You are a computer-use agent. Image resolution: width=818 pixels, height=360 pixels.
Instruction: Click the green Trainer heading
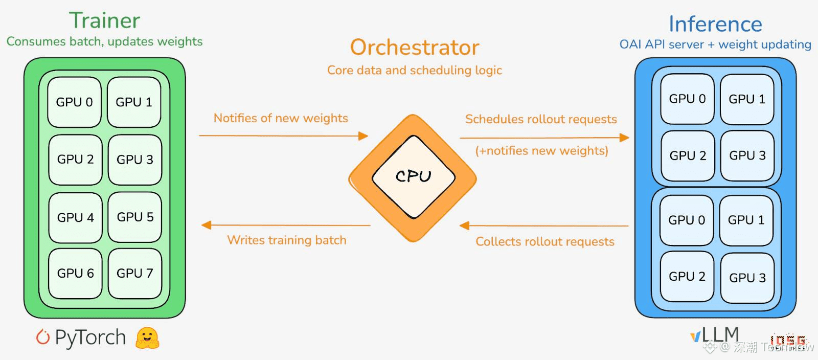point(104,20)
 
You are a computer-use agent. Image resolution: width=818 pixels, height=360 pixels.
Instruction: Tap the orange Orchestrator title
point(415,48)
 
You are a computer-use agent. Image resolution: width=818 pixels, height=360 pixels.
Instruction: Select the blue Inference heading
point(715,24)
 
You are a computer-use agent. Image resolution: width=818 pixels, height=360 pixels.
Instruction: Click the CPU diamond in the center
point(413,177)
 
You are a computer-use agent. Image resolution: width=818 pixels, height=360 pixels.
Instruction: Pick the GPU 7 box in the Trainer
point(135,274)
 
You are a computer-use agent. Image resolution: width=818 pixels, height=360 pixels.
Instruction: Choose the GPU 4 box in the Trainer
point(76,217)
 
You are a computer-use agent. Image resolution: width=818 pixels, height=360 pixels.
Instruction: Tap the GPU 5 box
point(135,217)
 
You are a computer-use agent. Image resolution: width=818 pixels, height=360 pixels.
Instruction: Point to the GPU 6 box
point(76,274)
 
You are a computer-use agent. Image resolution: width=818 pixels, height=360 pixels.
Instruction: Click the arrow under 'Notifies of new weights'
point(283,136)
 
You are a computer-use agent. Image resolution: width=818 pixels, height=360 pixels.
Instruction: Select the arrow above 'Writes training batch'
point(286,225)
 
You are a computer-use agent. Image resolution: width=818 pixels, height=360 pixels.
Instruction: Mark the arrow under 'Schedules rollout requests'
point(544,138)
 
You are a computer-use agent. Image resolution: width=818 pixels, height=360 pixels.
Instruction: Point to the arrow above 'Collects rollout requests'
point(544,226)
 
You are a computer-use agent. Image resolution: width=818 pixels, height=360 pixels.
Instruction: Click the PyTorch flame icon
point(43,337)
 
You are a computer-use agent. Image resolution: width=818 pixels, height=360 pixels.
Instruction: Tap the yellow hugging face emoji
point(147,338)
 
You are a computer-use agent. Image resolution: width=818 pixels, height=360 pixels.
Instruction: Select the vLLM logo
point(715,335)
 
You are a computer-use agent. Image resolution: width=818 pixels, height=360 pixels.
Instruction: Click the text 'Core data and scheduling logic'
point(415,70)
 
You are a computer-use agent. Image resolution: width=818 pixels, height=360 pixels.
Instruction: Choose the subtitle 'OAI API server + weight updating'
point(715,44)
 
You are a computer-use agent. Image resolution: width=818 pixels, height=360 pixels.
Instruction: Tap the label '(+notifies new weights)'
point(542,151)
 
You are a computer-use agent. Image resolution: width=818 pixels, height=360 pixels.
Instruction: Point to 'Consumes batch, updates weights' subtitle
point(104,41)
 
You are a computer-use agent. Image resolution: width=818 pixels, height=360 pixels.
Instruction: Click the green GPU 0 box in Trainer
point(75,102)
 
